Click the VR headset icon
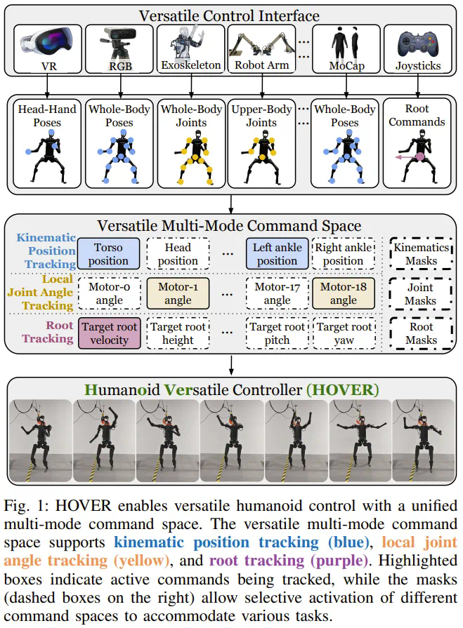pyautogui.click(x=48, y=44)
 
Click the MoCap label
pyautogui.click(x=345, y=65)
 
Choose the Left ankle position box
pyautogui.click(x=278, y=254)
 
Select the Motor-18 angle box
pyautogui.click(x=344, y=293)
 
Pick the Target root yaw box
pyautogui.click(x=344, y=333)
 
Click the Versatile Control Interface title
pyautogui.click(x=230, y=15)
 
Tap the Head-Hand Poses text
pyautogui.click(x=48, y=116)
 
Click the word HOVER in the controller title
pyautogui.click(x=351, y=388)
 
